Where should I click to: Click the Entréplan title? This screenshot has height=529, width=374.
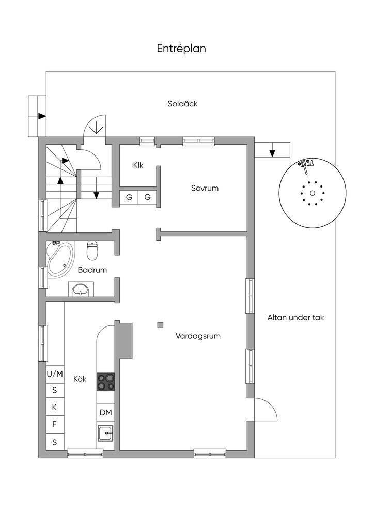182,49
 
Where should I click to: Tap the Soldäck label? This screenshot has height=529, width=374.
182,104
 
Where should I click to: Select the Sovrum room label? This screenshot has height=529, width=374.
205,188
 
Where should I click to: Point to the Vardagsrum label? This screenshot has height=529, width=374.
198,336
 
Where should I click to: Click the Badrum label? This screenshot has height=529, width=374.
92,270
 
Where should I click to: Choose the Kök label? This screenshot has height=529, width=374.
80,379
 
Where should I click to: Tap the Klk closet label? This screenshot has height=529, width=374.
138,165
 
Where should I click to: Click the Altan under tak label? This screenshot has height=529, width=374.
295,318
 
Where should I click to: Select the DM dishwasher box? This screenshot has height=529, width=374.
106,412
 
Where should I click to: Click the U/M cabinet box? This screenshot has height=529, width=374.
55,374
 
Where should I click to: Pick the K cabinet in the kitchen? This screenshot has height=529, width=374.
55,407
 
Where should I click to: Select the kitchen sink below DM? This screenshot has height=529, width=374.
106,432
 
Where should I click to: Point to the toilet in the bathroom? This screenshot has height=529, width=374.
92,251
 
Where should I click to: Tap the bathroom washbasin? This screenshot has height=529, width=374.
80,289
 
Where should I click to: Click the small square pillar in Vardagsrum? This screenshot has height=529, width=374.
161,325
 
